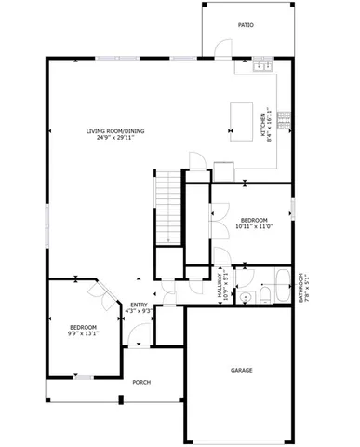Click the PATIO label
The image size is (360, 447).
coord(246,25)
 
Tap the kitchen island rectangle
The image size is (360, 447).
coord(242,115)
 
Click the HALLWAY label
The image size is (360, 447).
coord(220,284)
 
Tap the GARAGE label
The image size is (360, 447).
coord(242,371)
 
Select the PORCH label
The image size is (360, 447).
coord(141,382)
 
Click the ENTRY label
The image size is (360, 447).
coord(138,305)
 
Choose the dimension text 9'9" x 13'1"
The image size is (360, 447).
coord(83,333)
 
